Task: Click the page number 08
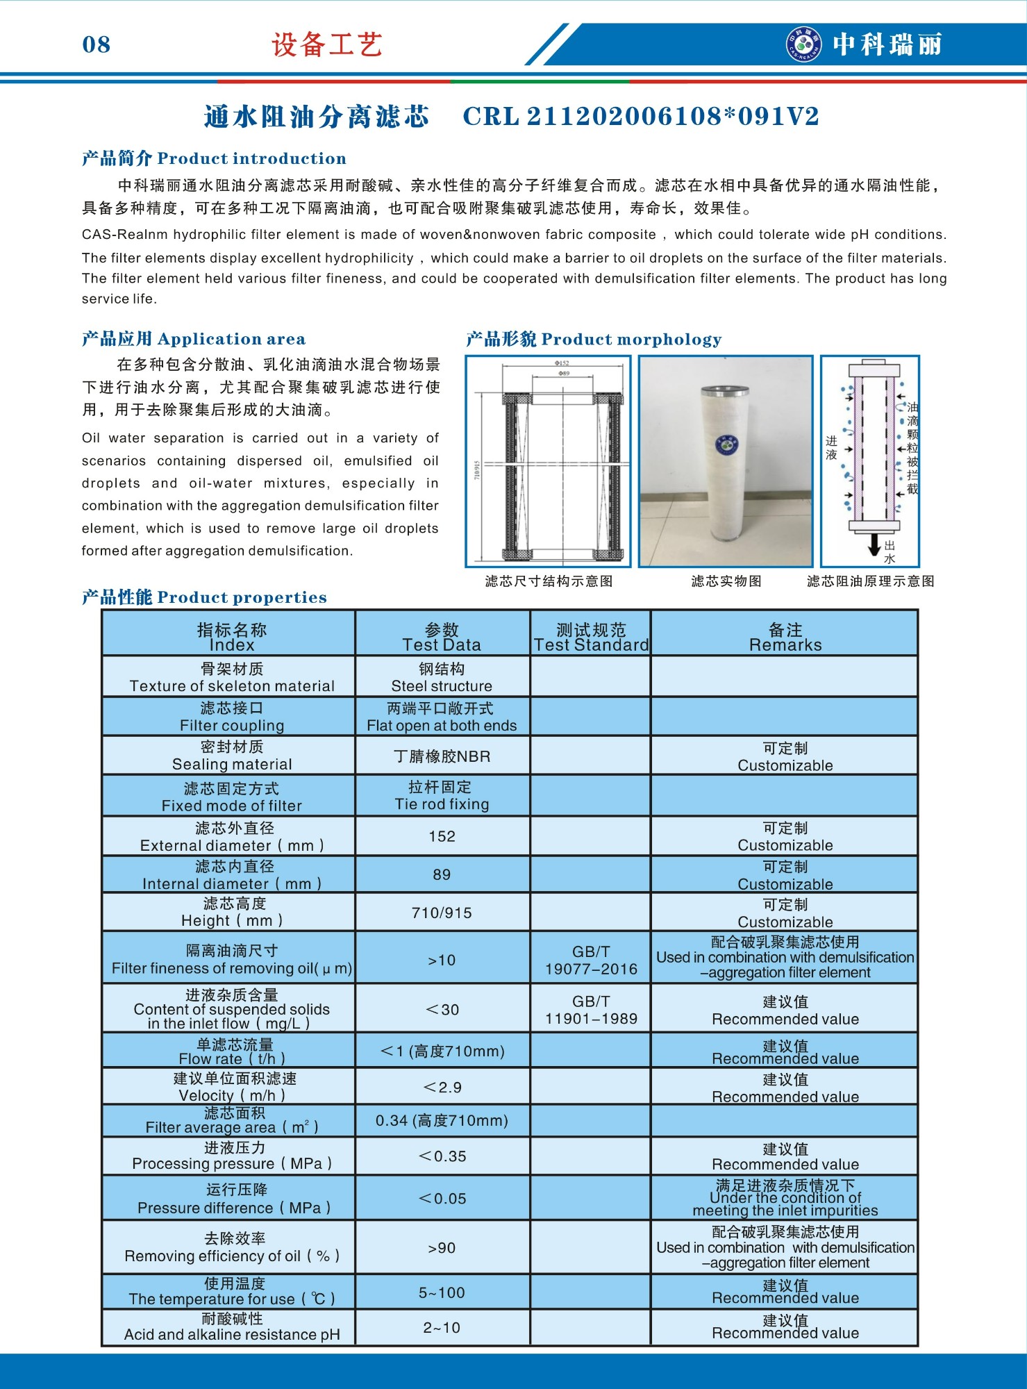coord(96,44)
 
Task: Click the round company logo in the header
coord(803,44)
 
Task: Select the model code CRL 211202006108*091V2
coord(641,117)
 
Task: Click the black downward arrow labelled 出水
coord(874,545)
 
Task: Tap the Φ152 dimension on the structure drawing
coord(562,363)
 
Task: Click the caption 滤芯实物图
coord(726,581)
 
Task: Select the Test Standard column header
coord(591,637)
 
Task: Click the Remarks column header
coord(785,637)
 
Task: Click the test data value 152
coord(442,836)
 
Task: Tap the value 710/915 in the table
coord(442,913)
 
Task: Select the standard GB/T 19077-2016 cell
coord(591,960)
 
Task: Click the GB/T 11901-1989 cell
coord(591,1010)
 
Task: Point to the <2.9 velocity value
coord(442,1087)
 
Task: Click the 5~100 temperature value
coord(442,1292)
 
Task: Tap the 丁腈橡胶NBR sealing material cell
coord(442,756)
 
